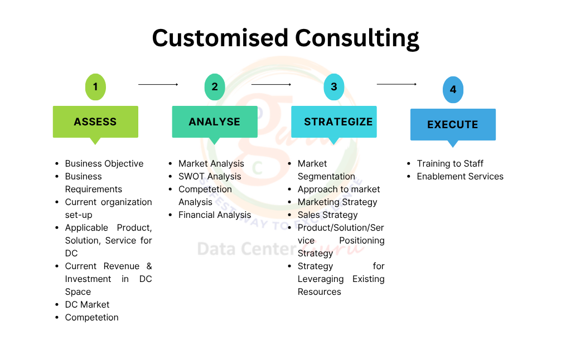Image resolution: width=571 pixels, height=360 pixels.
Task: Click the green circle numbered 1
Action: (x=95, y=87)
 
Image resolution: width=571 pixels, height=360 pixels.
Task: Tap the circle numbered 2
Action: (x=215, y=87)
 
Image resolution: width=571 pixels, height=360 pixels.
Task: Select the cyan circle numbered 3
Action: (x=334, y=87)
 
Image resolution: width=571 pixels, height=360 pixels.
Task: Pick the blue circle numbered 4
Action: (x=453, y=90)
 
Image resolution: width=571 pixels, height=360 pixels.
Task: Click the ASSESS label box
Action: (x=95, y=121)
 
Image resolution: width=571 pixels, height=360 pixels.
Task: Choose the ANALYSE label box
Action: (x=215, y=121)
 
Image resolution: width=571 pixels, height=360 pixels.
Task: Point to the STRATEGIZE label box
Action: (x=334, y=121)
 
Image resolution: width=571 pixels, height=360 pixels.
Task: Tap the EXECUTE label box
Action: (x=453, y=124)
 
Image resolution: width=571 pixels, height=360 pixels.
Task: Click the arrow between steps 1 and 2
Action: (x=158, y=84)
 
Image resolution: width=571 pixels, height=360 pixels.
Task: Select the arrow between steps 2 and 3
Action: (x=271, y=84)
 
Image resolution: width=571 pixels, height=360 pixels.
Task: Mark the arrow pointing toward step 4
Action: (x=396, y=84)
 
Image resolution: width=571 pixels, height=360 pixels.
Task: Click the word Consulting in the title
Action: (x=357, y=38)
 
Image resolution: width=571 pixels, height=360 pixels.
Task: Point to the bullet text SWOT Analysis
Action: (x=210, y=176)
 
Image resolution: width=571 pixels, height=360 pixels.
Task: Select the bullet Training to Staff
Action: (x=450, y=163)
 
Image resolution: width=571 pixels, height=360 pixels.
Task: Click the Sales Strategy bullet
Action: (x=327, y=215)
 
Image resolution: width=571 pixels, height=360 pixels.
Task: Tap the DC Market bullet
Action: (x=87, y=304)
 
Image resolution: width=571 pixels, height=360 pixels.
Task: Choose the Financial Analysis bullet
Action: (x=215, y=215)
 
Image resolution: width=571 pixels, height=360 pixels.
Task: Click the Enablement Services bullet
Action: (x=460, y=176)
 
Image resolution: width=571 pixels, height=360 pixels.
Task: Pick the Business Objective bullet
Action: (x=104, y=163)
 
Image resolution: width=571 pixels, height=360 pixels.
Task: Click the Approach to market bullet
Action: (x=338, y=189)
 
